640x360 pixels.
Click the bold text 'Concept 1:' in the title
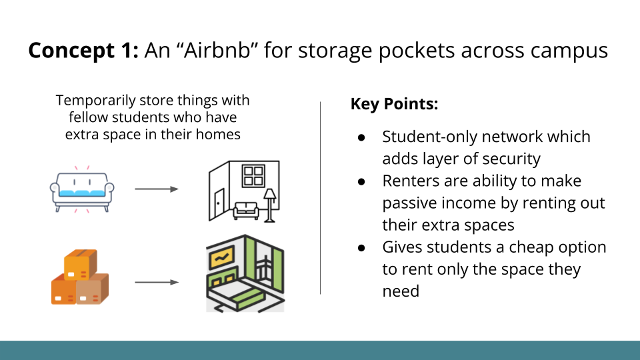pos(81,51)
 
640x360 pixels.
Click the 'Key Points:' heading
pos(394,105)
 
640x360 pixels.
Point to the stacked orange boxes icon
pos(79,277)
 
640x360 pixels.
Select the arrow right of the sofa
pos(157,189)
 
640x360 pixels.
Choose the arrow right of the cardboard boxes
pos(157,282)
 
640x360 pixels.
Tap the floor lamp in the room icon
pos(271,203)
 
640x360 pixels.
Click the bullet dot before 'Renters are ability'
pos(361,181)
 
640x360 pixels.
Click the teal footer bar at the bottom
pos(320,350)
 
